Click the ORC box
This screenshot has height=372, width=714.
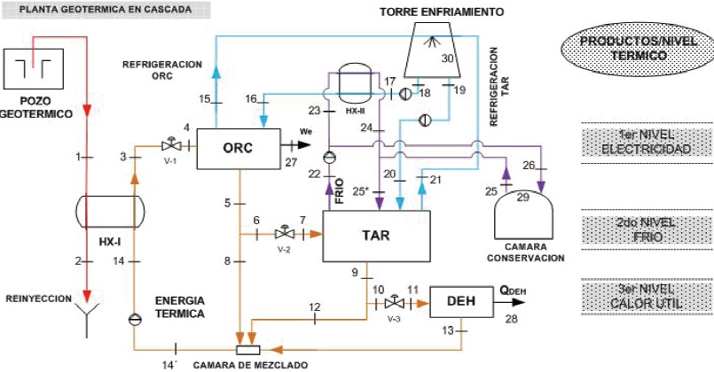click(x=235, y=149)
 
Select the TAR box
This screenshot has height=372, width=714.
click(x=376, y=236)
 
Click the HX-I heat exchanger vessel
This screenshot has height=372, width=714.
click(x=103, y=213)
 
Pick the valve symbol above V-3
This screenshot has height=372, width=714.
click(x=395, y=302)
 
